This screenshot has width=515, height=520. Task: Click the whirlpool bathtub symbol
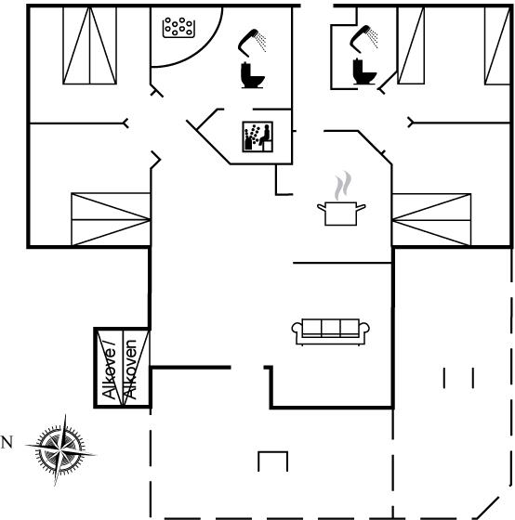point(178,27)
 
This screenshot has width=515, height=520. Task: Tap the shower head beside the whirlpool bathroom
point(252,41)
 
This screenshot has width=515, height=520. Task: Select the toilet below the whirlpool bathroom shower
point(252,75)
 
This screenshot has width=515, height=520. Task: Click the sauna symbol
point(257,136)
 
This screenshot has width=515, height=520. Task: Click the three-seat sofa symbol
point(330,332)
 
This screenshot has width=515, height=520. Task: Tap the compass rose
point(60,450)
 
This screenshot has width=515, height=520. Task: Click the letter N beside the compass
point(7,442)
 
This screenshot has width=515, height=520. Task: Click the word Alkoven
point(130,370)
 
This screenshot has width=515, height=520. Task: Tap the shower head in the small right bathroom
point(363,38)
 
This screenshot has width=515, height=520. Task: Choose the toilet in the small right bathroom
point(363,71)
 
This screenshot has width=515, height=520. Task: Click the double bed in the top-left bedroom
point(89,45)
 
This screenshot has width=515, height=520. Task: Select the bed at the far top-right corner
point(497,45)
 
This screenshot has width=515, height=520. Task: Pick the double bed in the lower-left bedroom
point(111,219)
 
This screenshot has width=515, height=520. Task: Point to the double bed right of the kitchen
point(431,219)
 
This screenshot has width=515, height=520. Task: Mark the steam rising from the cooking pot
point(343,186)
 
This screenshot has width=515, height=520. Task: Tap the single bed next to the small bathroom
point(411,45)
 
